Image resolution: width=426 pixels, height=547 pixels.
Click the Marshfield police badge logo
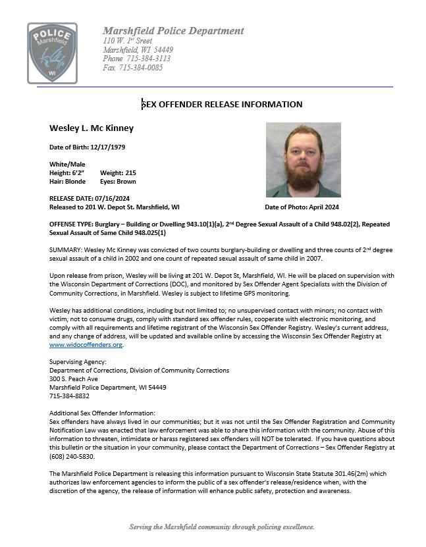[x=51, y=53]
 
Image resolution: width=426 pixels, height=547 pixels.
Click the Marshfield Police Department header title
[x=173, y=31]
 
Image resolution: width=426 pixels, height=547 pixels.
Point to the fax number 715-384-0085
[x=141, y=68]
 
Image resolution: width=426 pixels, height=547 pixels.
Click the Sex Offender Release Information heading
[x=222, y=104]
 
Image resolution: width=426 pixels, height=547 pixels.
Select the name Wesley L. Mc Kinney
[x=91, y=128]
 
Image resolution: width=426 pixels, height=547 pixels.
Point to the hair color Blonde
[x=75, y=181]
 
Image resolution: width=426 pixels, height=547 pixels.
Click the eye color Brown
[x=126, y=181]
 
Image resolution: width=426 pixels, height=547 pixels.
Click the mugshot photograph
[x=303, y=160]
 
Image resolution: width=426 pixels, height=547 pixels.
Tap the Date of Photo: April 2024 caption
[x=302, y=207]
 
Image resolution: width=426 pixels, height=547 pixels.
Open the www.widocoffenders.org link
[x=86, y=344]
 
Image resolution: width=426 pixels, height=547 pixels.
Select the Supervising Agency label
[x=77, y=362]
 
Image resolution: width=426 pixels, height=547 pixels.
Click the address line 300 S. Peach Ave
[x=74, y=379]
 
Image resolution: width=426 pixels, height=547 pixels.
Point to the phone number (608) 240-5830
[x=72, y=456]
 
